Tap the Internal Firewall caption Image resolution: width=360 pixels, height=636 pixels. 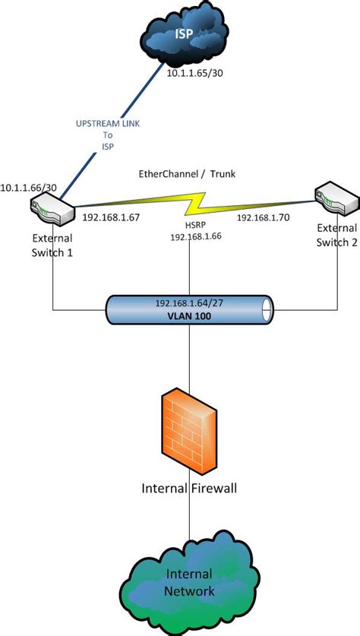tap(189, 487)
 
